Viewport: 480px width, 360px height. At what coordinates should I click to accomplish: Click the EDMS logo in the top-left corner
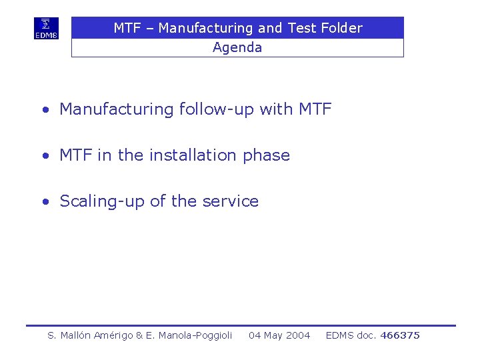(x=46, y=29)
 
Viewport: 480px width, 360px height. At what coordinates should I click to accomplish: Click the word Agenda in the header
(x=237, y=47)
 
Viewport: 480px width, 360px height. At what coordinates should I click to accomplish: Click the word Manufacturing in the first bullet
(x=117, y=109)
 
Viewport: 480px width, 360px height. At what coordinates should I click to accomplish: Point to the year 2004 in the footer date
(x=298, y=335)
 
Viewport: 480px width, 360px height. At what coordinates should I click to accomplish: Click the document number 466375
(x=400, y=335)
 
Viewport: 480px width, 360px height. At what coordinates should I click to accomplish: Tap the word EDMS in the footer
(x=340, y=335)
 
